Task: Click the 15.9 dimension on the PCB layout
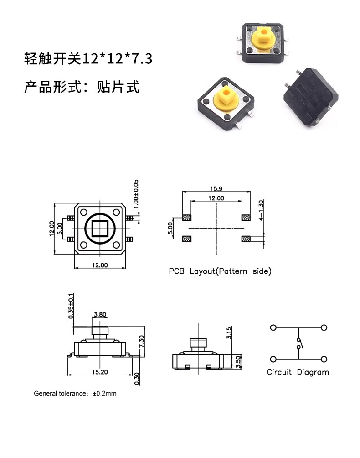[x=216, y=189]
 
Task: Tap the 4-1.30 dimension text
[x=261, y=210]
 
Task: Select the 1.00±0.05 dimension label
[x=136, y=194]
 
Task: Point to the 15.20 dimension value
[x=100, y=372]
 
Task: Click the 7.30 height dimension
[x=141, y=342]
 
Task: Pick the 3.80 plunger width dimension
[x=100, y=315]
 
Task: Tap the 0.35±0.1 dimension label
[x=71, y=306]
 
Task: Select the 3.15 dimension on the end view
[x=229, y=333]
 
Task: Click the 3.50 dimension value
[x=238, y=362]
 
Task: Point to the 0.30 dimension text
[x=137, y=379]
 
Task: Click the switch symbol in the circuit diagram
[x=299, y=343]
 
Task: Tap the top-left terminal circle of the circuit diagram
[x=273, y=328]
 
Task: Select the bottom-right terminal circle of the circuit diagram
[x=324, y=359]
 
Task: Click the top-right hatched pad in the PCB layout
[x=246, y=218]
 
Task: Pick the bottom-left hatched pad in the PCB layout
[x=187, y=239]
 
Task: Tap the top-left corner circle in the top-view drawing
[x=84, y=212]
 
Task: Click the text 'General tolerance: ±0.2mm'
[x=75, y=393]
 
